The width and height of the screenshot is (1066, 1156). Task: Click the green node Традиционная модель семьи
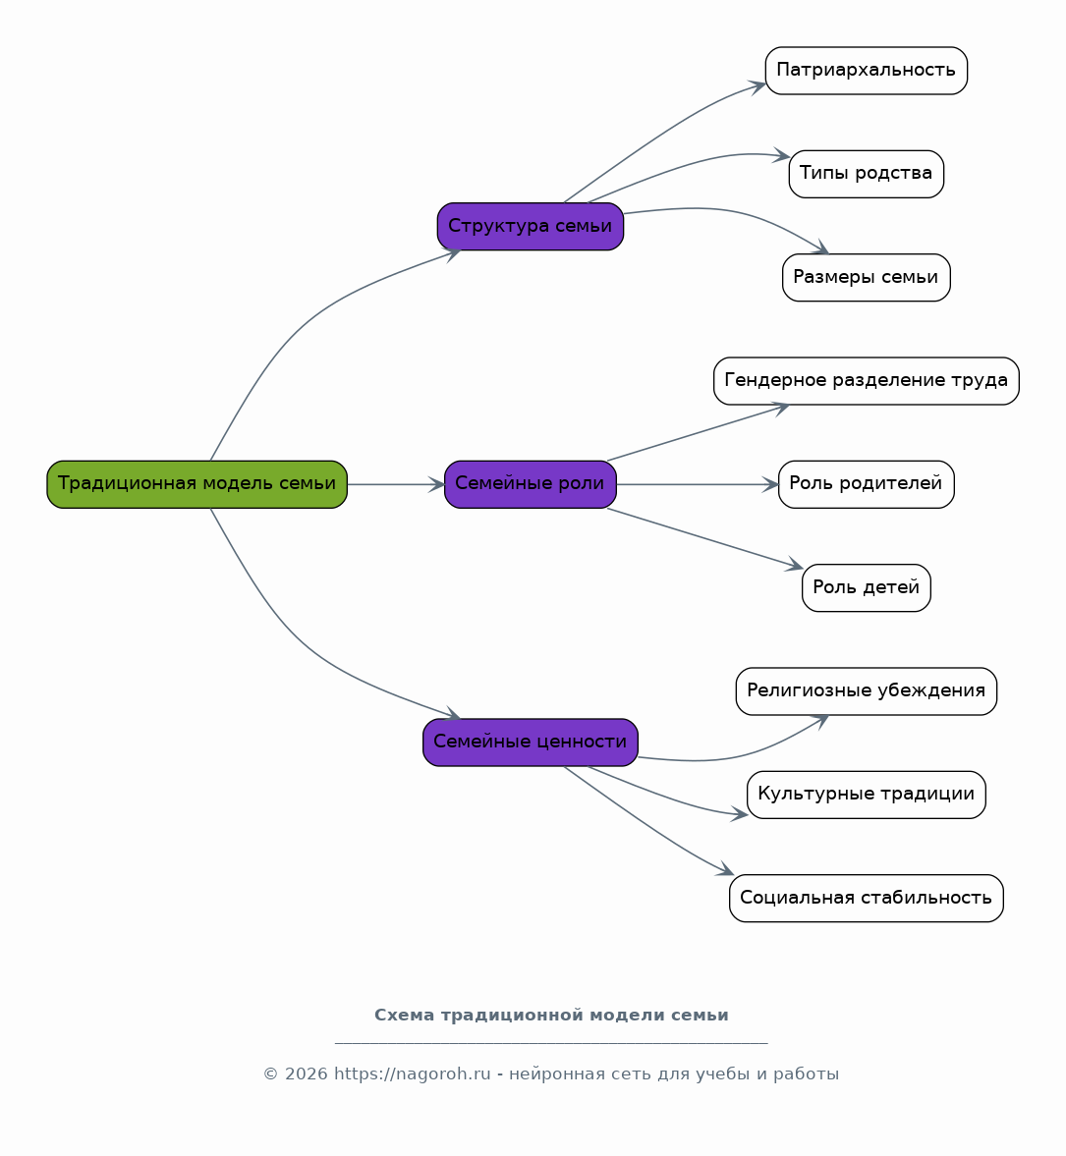196,484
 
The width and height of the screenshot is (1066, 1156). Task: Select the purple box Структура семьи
531,226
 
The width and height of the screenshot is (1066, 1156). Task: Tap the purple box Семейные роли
531,484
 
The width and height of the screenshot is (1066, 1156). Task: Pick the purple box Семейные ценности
531,743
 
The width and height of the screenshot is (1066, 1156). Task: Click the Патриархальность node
867,71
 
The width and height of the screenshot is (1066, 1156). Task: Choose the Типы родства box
867,174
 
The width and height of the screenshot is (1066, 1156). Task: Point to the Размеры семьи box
867,278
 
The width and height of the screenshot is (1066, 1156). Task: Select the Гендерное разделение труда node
867,381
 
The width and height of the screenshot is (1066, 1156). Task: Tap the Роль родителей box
867,484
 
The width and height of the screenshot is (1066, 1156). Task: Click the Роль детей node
867,587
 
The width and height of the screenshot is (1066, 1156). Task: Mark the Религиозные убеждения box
867,691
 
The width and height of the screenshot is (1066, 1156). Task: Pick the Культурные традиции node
867,795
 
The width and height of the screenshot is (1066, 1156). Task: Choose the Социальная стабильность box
867,898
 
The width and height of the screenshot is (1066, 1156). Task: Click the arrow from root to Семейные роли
396,484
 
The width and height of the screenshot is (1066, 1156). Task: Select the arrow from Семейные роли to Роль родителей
698,484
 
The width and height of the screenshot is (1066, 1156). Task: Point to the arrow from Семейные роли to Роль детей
705,538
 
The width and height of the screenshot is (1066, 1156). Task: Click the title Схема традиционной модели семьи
551,1016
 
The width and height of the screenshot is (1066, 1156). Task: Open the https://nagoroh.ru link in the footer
413,1074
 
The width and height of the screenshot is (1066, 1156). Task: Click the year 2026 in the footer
307,1074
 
